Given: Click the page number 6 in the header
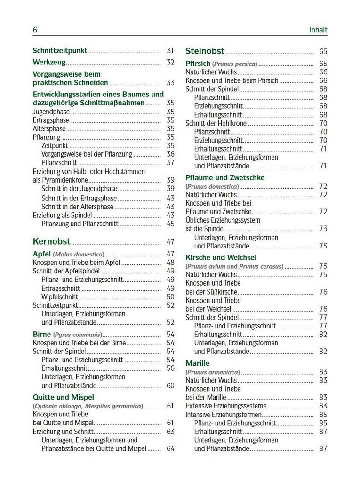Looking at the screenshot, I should (35, 30).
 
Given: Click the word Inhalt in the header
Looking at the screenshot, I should (318, 30).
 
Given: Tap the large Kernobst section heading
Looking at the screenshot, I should (51, 242).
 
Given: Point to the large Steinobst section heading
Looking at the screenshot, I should (205, 51).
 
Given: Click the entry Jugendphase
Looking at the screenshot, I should (51, 112).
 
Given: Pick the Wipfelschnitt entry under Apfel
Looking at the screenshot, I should (59, 296).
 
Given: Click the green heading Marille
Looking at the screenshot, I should (198, 363).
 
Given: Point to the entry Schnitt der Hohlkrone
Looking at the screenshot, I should (216, 123).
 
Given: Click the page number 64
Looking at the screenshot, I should (170, 448).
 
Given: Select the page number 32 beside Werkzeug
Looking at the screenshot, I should (170, 62).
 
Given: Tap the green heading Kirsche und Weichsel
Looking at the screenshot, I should (221, 257).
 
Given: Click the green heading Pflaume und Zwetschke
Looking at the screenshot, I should (225, 177).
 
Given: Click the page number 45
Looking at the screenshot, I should (170, 224).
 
